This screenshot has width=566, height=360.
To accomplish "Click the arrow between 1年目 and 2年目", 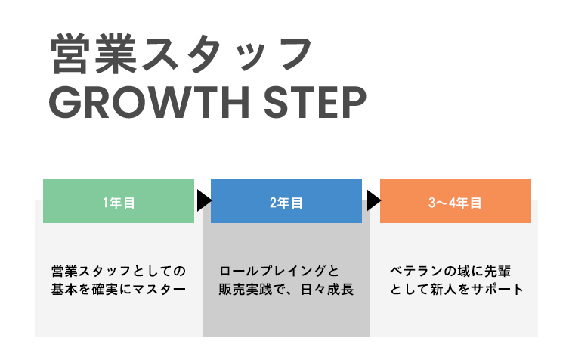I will (203, 201).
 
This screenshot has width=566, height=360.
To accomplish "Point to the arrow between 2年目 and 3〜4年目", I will (372, 201).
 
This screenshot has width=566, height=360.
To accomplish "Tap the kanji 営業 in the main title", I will (86, 55).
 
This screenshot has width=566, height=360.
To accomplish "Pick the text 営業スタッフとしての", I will (119, 271).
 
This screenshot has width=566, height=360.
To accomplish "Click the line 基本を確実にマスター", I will (119, 290).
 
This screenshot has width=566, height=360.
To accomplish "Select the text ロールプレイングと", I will (279, 271).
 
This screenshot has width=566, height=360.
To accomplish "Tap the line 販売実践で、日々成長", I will (286, 290).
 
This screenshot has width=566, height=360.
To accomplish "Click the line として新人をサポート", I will (456, 290).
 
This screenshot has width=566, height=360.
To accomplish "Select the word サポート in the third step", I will (499, 290).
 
